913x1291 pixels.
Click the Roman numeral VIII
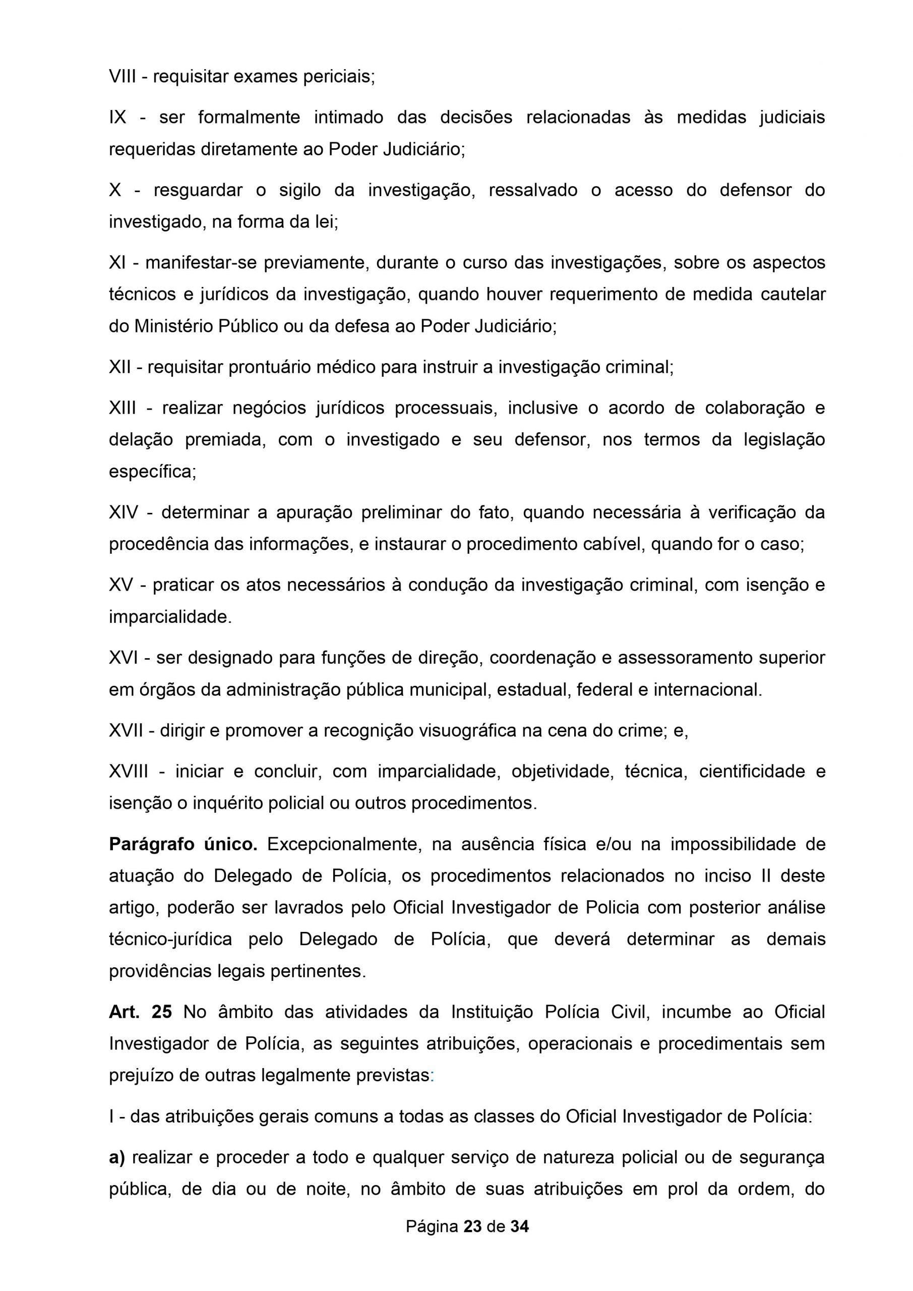123,77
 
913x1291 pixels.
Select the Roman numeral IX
117,118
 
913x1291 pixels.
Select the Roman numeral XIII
123,408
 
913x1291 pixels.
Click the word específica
152,472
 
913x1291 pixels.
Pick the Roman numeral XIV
123,513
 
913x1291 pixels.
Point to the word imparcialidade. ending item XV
170,617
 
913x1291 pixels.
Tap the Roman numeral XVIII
129,772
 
